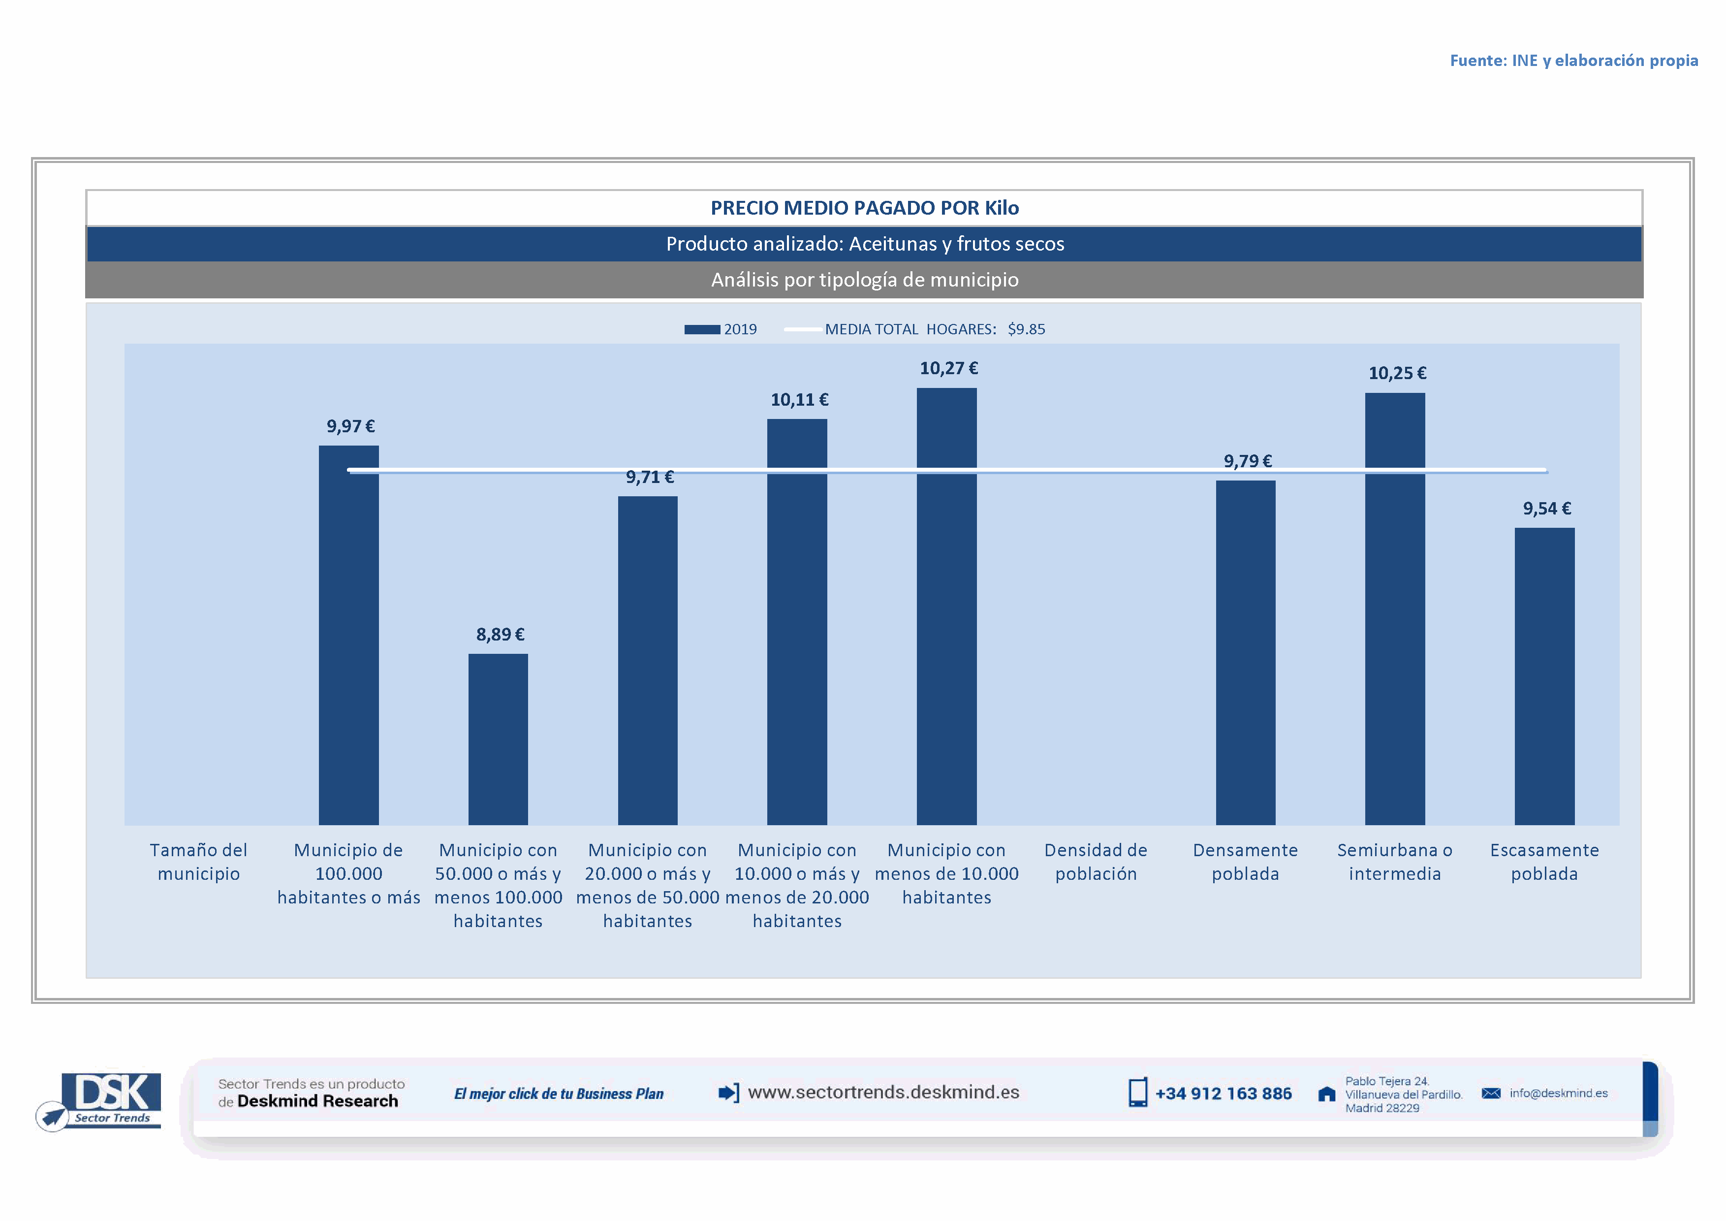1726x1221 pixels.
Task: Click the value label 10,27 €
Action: pos(949,368)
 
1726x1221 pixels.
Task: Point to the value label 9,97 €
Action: pos(350,426)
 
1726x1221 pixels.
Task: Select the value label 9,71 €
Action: pos(650,477)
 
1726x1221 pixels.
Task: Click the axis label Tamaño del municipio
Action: pos(198,862)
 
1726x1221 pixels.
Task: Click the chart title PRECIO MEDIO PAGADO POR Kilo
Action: pos(865,207)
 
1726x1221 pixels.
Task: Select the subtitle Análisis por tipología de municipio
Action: pos(865,280)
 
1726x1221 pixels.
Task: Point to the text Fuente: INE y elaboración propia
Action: pos(1573,60)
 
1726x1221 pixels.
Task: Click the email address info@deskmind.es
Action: pos(1558,1093)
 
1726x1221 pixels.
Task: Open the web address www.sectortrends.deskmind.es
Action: pos(883,1092)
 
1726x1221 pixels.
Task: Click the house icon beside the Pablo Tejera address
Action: pos(1327,1094)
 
